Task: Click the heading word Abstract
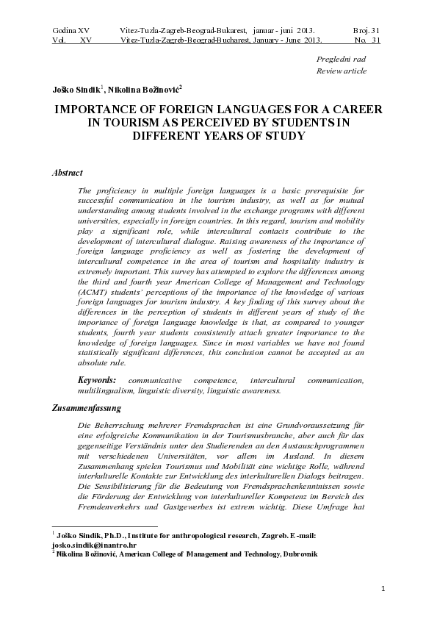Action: (67, 173)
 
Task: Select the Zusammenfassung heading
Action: (87, 407)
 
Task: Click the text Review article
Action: (341, 71)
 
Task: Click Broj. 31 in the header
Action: (366, 29)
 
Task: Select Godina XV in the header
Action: (71, 29)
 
